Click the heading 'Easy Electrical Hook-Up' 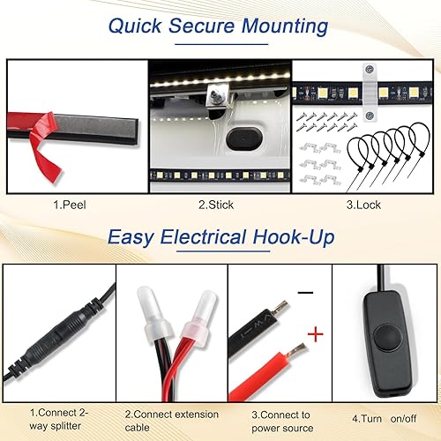click(x=220, y=236)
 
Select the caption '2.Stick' click(x=217, y=206)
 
